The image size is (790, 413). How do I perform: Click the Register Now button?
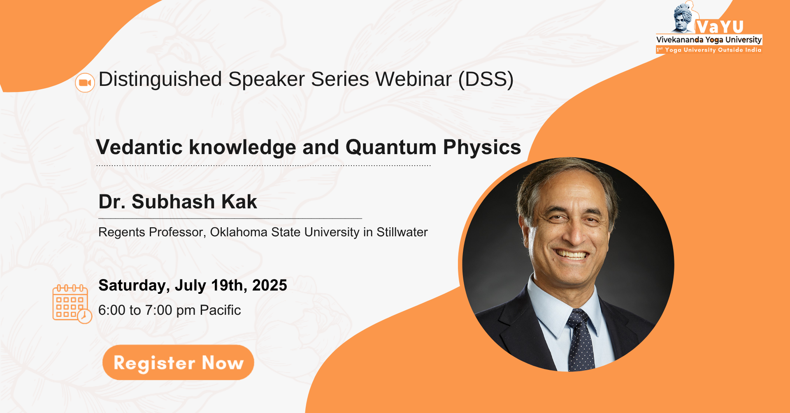coord(178,362)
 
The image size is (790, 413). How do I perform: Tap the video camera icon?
coord(85,83)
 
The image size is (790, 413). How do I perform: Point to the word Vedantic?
coord(139,147)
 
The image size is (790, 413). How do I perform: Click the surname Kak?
coord(239,202)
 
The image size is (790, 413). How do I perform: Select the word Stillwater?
coord(402,232)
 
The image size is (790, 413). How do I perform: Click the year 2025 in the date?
coord(270,285)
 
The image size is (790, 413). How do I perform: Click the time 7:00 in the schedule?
coord(159,310)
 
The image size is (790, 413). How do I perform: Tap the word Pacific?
coord(220,310)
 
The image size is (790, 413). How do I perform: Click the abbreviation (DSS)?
coord(486,79)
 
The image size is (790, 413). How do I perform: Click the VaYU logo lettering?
coord(720,27)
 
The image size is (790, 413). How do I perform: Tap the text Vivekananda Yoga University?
coord(709,40)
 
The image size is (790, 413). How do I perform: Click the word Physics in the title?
coord(482,148)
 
